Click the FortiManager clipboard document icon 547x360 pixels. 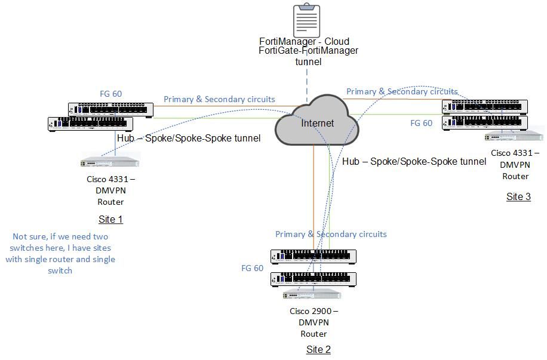[306, 21]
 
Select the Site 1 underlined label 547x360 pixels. [110, 219]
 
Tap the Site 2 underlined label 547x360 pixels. [318, 349]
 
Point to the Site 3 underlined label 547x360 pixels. [518, 196]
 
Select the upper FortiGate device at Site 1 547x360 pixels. [110, 109]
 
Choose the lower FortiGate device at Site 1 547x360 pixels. [91, 124]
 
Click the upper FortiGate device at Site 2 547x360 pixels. [314, 257]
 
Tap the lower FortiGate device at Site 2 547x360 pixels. [314, 279]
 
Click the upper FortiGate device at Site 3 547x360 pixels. [485, 106]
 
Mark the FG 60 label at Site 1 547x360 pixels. [110, 94]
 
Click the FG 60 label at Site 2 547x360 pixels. [252, 268]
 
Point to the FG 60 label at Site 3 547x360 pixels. [421, 123]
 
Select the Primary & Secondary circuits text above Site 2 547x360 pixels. [331, 234]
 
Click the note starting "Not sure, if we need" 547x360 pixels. [60, 253]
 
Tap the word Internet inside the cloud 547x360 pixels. [318, 124]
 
